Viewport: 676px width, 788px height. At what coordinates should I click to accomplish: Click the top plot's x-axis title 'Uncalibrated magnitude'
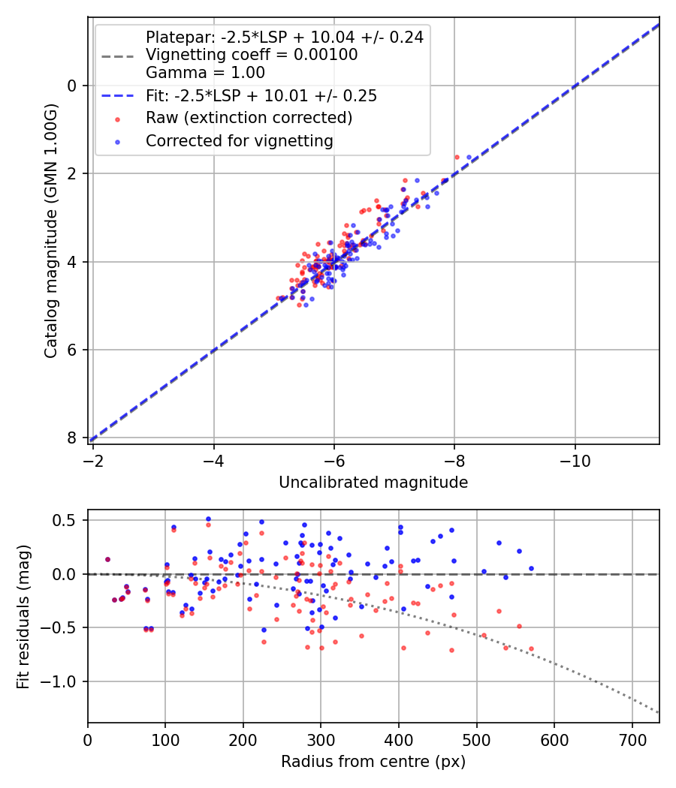[373, 483]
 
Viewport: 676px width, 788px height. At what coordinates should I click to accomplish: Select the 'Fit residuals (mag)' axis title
[23, 615]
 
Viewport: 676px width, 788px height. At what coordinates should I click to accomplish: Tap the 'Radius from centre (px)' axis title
[373, 762]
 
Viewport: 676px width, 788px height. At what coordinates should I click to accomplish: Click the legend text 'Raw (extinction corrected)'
[249, 118]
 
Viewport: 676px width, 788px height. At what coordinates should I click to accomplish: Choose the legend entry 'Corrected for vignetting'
[239, 140]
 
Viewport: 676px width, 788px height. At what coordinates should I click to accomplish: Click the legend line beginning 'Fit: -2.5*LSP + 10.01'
[261, 96]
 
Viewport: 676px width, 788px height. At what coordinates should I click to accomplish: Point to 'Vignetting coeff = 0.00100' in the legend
[252, 55]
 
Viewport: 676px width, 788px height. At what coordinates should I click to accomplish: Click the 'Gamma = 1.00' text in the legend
[205, 74]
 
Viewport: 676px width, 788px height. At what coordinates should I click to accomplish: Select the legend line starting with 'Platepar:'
[284, 37]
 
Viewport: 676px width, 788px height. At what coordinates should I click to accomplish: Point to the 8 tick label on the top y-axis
[73, 438]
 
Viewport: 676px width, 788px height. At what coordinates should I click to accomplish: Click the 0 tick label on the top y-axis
[73, 86]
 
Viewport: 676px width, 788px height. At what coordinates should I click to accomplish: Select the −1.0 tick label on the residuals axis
[63, 681]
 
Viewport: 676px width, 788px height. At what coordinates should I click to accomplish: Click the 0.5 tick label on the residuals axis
[68, 520]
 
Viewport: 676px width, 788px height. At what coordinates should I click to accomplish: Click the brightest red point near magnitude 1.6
[457, 157]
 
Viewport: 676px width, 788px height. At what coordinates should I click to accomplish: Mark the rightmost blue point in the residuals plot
[531, 568]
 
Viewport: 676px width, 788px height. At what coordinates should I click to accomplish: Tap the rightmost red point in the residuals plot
[531, 648]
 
